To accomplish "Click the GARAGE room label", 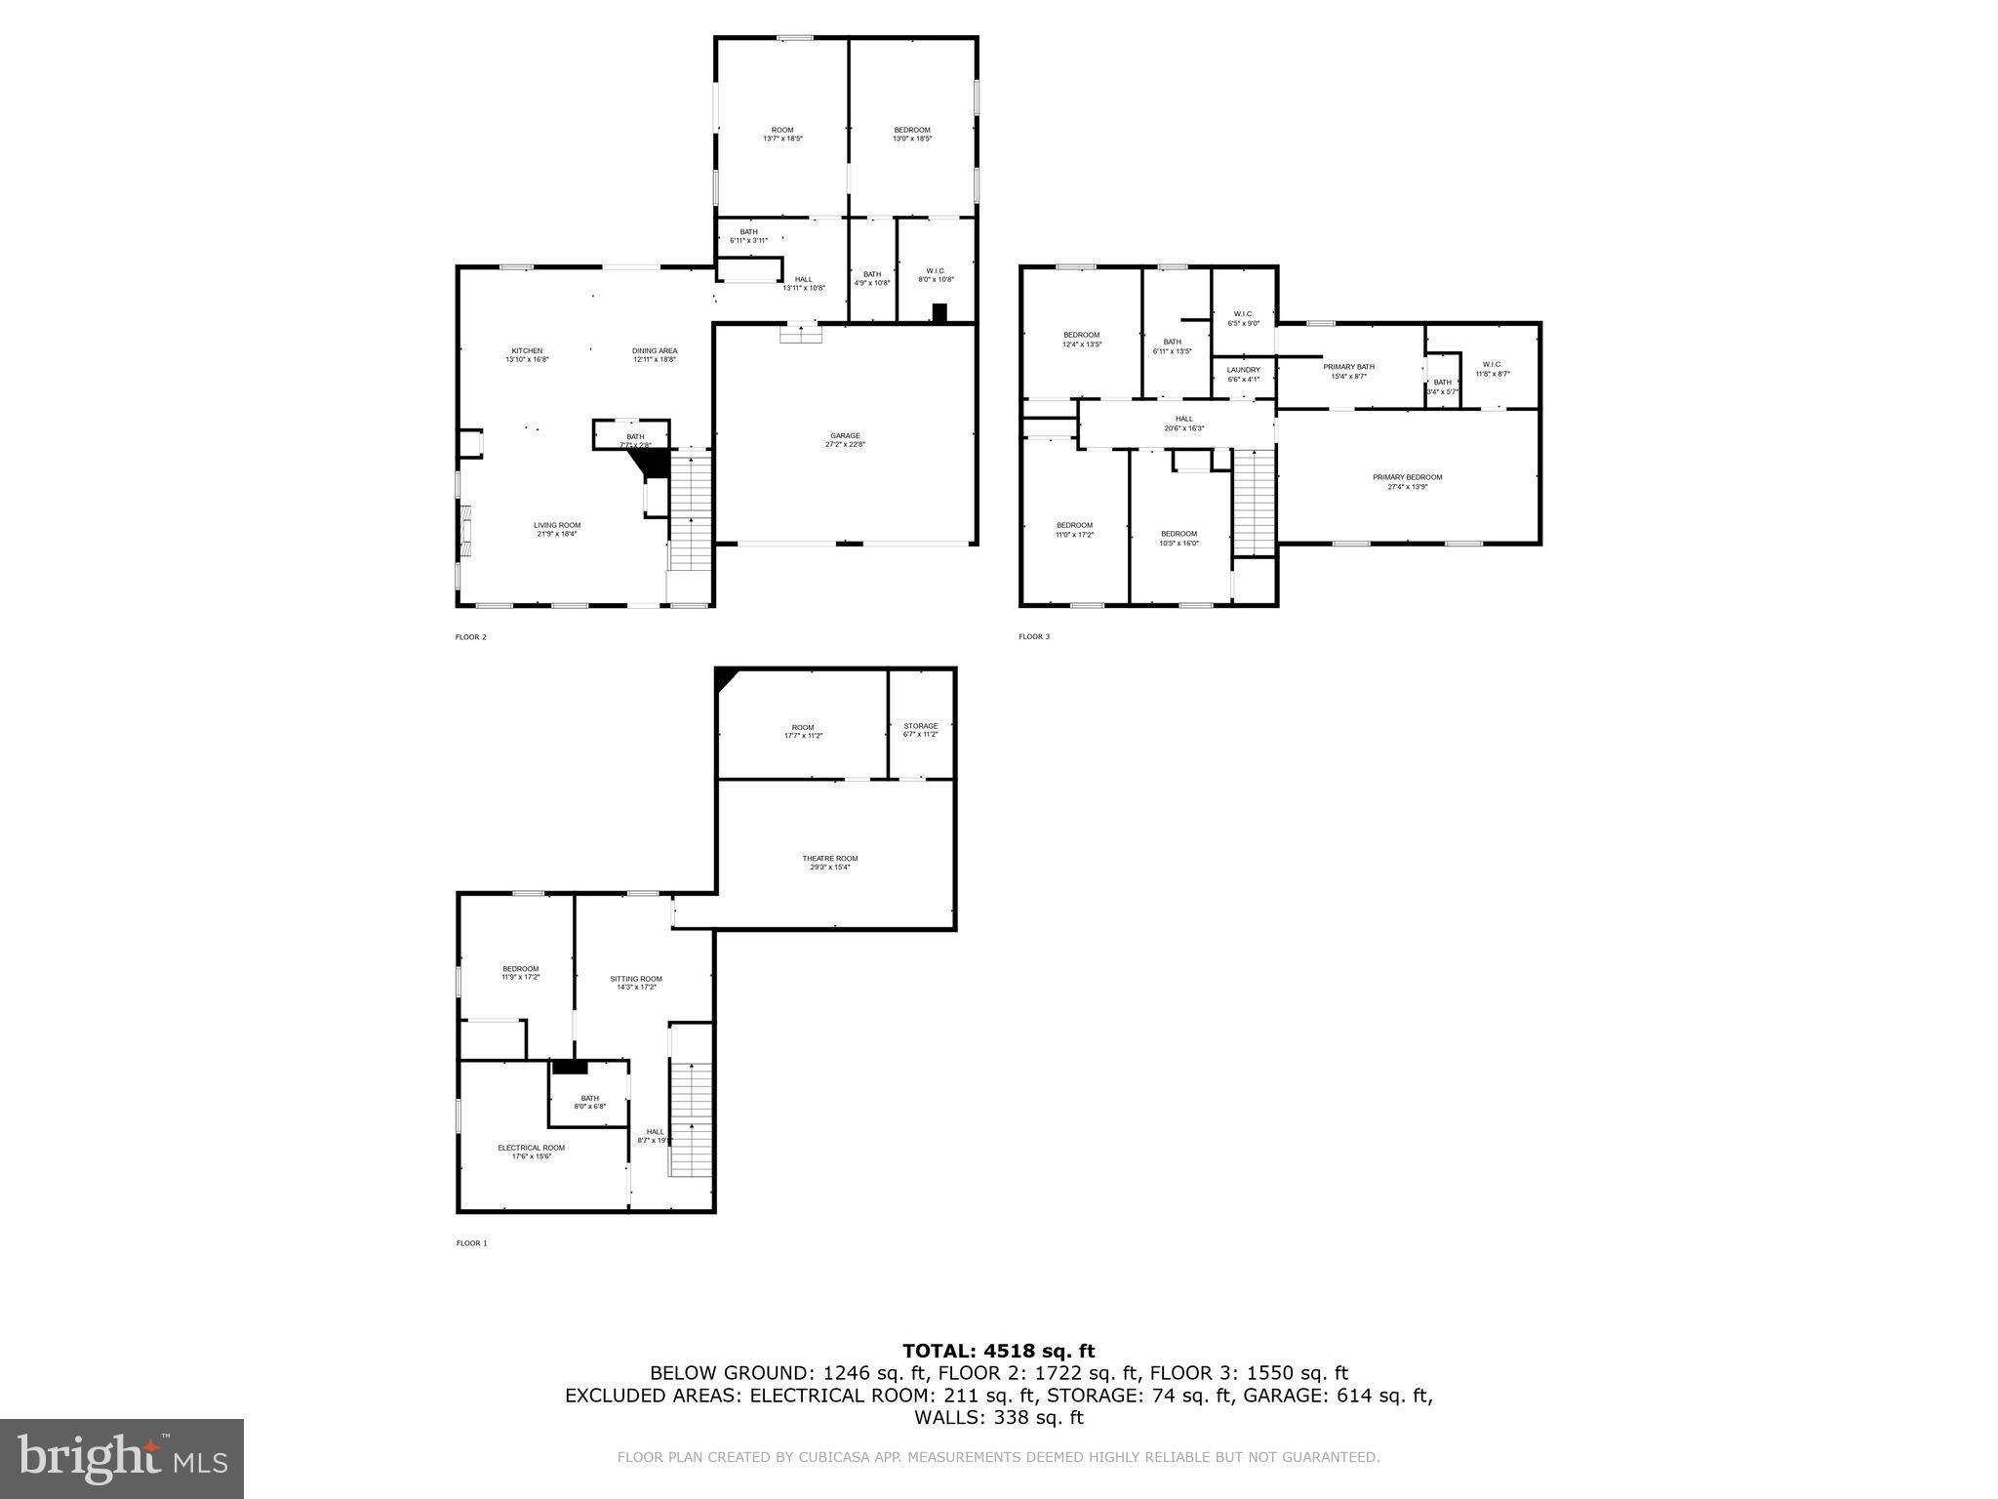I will tap(845, 435).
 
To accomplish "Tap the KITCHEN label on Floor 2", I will tap(527, 351).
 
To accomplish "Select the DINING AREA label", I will tap(654, 351).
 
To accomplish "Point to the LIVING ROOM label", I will tap(557, 525).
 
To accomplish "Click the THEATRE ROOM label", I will tap(830, 859).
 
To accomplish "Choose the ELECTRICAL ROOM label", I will tap(531, 1148).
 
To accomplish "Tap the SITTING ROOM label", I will tap(636, 979).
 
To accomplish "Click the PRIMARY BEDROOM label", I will tap(1407, 477).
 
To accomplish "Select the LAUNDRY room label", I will tap(1243, 370).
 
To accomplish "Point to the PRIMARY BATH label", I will tap(1348, 367).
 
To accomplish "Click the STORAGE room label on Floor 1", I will tap(920, 726).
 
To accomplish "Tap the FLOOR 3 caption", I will tap(1034, 637).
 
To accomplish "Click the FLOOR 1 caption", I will tap(470, 1243).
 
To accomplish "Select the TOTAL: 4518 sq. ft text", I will tap(998, 1351).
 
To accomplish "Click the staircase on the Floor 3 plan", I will tap(1255, 503).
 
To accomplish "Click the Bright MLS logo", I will tap(121, 1458).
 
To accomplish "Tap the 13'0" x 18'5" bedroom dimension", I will tap(912, 139).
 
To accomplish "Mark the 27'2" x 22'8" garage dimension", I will tap(845, 444).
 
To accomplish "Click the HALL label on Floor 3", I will tap(1183, 419).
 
